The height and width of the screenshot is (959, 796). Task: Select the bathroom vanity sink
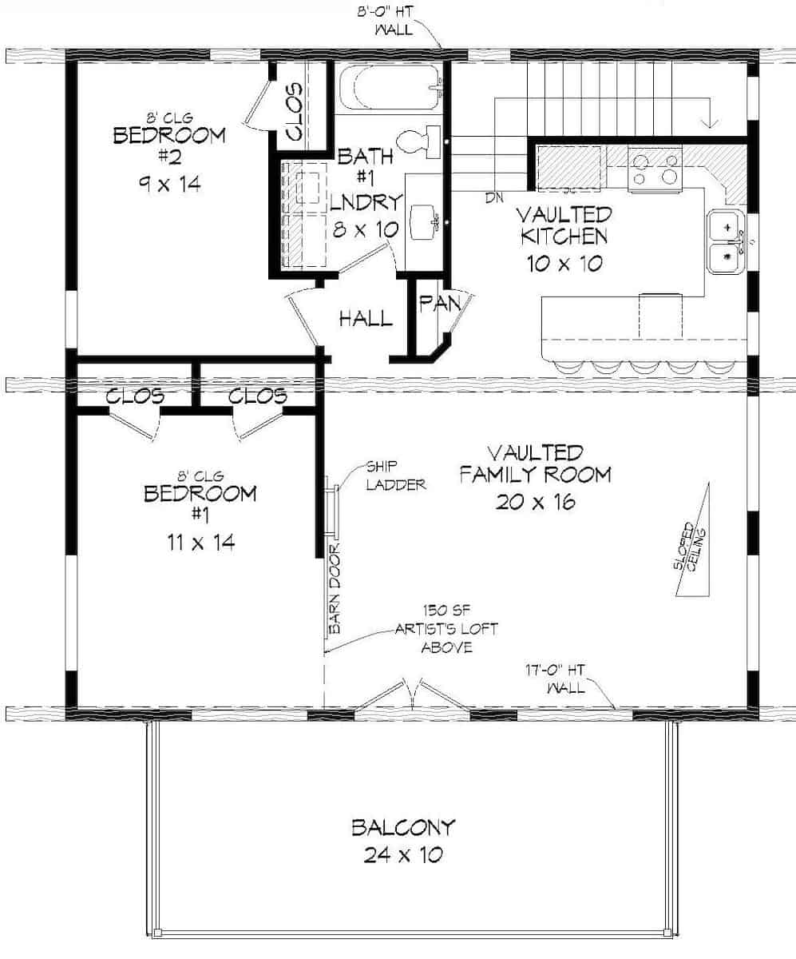coord(423,221)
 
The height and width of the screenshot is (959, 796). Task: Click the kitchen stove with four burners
coord(654,169)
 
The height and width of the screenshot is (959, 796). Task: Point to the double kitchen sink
coord(727,241)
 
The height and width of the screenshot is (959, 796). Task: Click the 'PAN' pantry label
coord(436,304)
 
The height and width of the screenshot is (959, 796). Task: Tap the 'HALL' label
coord(366,320)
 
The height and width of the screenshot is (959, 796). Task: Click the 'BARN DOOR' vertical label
coord(335,588)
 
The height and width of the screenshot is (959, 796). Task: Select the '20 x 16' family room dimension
coord(535,502)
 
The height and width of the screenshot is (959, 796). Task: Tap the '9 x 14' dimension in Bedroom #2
coord(168,184)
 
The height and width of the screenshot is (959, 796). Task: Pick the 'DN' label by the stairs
coord(493,196)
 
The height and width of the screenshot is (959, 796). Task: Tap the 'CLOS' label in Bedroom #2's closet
coord(292,112)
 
